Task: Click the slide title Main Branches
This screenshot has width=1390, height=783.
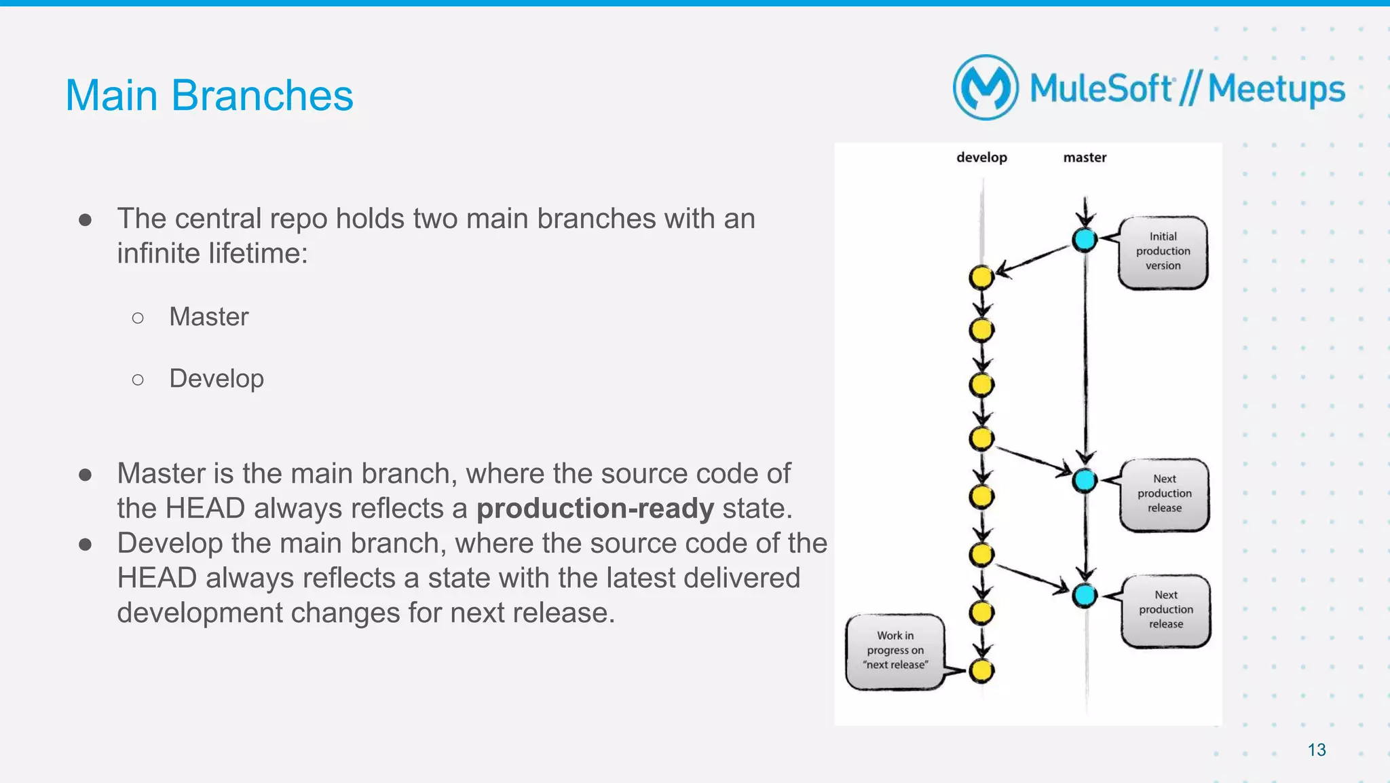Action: coord(209,95)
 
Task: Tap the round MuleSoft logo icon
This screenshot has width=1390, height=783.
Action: coord(985,88)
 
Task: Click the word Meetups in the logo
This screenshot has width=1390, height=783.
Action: coord(1276,90)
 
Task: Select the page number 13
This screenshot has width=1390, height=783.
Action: coord(1317,750)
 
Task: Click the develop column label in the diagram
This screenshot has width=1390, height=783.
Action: coord(981,158)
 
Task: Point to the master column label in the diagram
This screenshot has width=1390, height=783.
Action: coord(1085,158)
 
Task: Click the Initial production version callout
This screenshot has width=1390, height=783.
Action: coord(1163,252)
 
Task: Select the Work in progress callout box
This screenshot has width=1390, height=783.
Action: coord(895,651)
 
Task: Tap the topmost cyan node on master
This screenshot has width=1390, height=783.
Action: coord(1085,239)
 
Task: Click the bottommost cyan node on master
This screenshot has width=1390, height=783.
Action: coord(1085,596)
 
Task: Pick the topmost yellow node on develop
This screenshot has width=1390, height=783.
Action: coord(981,277)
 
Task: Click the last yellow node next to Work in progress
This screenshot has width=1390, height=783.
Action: coord(981,671)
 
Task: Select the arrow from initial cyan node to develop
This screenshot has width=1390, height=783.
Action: coord(1033,259)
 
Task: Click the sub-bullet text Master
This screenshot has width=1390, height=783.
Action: coord(209,317)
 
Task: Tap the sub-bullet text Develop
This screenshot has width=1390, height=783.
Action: coord(217,379)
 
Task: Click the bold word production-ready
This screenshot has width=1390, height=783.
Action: coord(595,509)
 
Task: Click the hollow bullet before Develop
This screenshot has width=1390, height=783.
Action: coord(138,380)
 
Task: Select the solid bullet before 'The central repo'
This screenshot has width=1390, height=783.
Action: coord(85,219)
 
